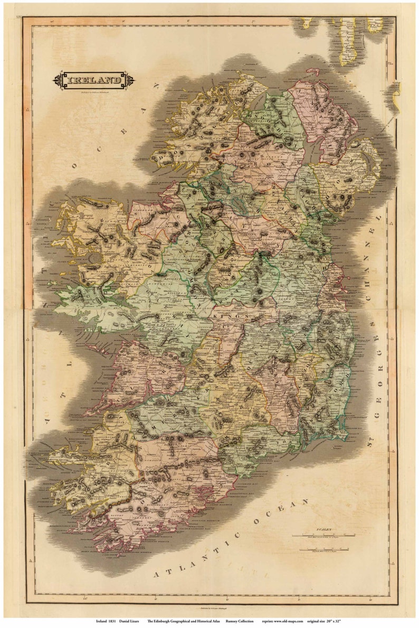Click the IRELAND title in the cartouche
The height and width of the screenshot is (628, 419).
(x=93, y=81)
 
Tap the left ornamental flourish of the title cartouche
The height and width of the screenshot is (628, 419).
(x=57, y=81)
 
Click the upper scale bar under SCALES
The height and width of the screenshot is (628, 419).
(x=322, y=537)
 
